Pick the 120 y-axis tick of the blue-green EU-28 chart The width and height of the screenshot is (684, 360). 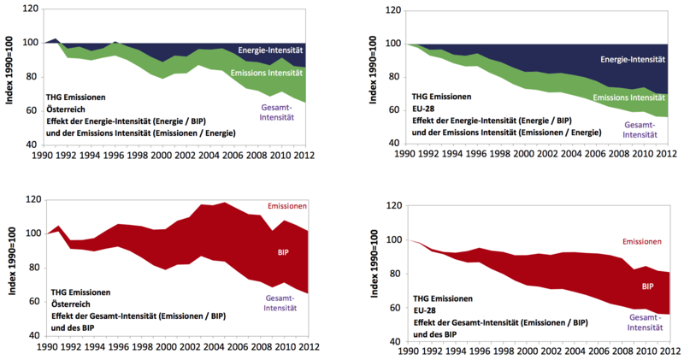[x=393, y=10]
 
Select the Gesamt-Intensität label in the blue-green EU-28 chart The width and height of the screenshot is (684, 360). [x=632, y=130]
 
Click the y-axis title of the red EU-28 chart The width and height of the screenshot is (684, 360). [x=377, y=272]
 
